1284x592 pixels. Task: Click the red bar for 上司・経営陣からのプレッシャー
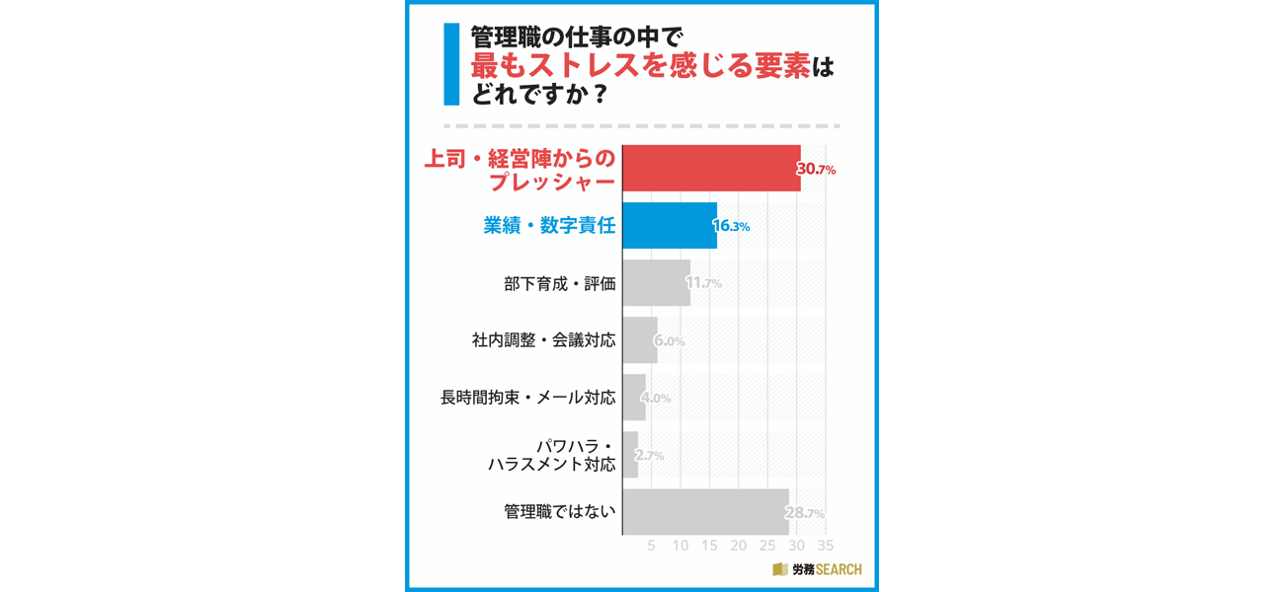711,168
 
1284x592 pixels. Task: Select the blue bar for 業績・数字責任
669,226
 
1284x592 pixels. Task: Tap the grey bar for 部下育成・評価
656,283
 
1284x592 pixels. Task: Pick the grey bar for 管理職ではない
705,512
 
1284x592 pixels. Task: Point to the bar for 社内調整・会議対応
639,340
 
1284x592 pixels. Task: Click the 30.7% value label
817,170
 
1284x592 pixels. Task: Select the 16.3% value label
732,227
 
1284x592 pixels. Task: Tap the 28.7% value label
805,513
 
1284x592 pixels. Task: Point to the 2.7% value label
649,456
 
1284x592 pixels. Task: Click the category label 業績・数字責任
549,226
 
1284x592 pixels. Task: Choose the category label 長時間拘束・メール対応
527,398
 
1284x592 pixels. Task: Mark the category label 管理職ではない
559,512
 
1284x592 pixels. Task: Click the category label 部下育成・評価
559,283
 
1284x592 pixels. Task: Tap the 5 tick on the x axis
651,546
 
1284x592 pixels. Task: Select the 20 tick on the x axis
738,546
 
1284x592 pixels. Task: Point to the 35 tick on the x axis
826,546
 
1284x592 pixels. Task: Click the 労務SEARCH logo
817,569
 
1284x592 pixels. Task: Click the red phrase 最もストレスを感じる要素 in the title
640,67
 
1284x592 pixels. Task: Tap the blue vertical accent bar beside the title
451,64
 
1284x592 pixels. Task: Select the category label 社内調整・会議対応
543,340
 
